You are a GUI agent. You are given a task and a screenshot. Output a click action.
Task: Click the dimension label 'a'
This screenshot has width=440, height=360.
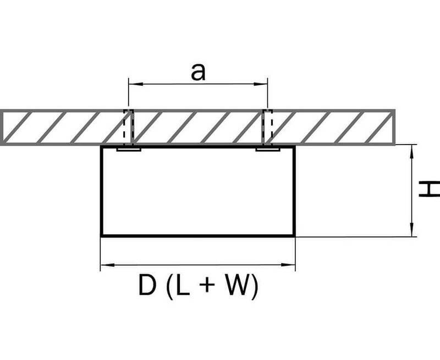pyautogui.click(x=198, y=72)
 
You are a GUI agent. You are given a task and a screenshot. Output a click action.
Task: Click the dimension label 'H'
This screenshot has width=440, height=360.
pyautogui.click(x=429, y=189)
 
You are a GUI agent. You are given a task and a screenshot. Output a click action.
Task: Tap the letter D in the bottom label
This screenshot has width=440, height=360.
pyautogui.click(x=147, y=285)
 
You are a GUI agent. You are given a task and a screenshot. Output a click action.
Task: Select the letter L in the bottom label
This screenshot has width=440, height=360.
pyautogui.click(x=183, y=285)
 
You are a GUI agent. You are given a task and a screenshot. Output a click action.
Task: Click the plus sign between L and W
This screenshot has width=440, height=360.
pyautogui.click(x=207, y=285)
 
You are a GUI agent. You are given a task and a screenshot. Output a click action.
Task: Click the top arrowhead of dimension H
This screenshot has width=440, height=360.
pyautogui.click(x=411, y=152)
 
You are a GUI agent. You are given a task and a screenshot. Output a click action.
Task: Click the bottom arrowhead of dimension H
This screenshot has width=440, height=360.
pyautogui.click(x=411, y=230)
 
